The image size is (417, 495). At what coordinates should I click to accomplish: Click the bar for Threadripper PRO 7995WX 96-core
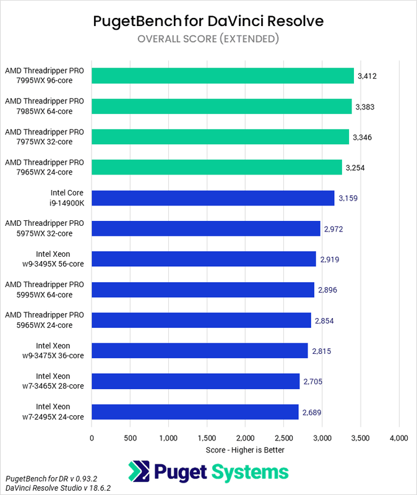(x=223, y=75)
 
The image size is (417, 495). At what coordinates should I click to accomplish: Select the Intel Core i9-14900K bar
(x=213, y=198)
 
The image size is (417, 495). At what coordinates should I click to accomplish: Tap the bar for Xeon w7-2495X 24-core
(x=195, y=412)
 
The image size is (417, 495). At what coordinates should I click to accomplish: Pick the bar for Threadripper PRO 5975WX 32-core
(x=206, y=228)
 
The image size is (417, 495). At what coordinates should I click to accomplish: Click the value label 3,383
(x=365, y=106)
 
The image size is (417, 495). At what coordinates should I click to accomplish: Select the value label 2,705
(x=312, y=382)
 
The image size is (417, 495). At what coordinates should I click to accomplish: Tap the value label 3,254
(x=357, y=168)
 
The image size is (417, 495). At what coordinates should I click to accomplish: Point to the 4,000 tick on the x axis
(x=398, y=438)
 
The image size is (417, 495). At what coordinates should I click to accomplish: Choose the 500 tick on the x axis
(x=130, y=438)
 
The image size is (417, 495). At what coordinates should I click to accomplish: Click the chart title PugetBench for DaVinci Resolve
(x=208, y=22)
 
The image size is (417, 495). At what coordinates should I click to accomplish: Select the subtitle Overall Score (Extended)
(x=208, y=39)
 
